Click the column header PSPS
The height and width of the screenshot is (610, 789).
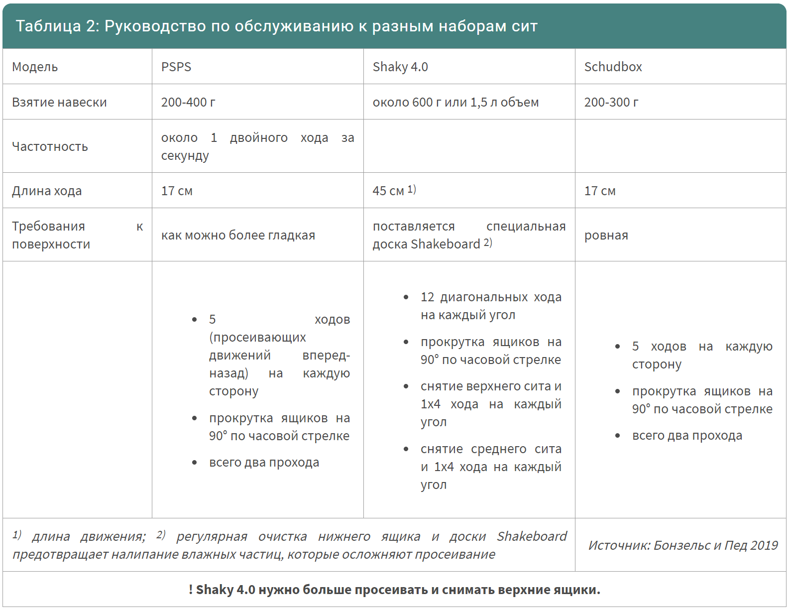tap(176, 67)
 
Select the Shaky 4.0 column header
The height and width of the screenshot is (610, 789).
tap(400, 67)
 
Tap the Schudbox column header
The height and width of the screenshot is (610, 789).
tap(613, 67)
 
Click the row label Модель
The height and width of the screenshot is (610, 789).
tap(35, 67)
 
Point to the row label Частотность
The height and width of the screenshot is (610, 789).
tap(50, 146)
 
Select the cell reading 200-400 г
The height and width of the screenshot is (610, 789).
tap(188, 102)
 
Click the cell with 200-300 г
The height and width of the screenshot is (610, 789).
tap(611, 102)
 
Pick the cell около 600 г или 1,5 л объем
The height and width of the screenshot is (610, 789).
tap(455, 102)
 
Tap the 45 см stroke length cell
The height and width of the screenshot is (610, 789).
tap(388, 191)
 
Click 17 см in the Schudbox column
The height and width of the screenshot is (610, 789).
tap(600, 191)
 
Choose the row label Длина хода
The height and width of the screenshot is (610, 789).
tap(47, 191)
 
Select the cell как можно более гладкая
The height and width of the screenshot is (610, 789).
tap(238, 235)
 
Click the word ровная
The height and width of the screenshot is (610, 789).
tap(606, 235)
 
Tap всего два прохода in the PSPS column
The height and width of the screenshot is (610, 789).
tap(264, 462)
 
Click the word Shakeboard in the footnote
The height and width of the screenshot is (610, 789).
tap(532, 536)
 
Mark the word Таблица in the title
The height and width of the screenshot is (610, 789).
tap(48, 26)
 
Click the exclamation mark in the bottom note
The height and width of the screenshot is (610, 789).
tap(191, 590)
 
